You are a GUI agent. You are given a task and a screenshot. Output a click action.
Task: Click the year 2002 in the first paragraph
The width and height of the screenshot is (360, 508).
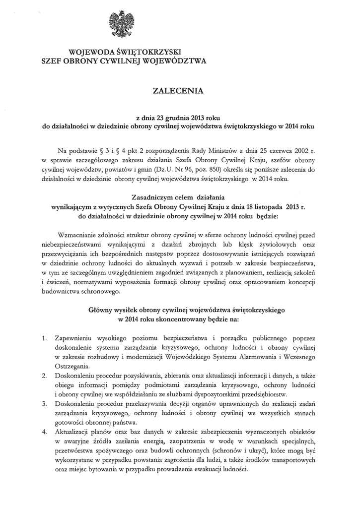303,149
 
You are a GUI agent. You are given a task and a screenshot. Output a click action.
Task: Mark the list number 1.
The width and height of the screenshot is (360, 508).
44,339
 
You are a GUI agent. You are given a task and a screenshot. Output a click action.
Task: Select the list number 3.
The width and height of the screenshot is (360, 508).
44,404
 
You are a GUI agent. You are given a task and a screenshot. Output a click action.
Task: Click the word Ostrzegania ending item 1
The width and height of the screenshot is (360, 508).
72,367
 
